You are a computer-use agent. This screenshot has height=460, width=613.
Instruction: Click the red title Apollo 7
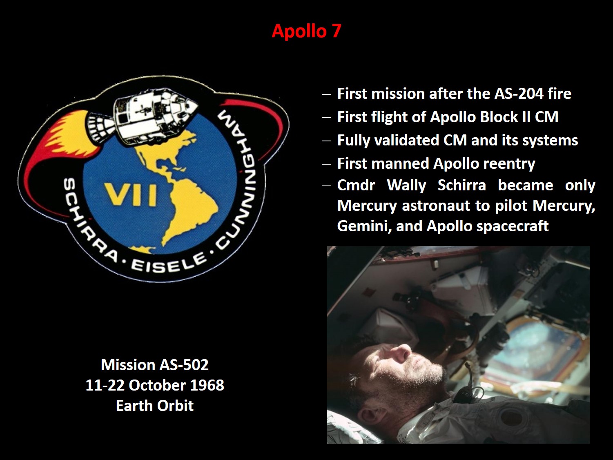306,31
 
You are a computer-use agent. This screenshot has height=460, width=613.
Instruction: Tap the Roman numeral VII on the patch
130,195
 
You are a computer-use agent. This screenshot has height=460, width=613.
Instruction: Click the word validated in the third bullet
407,140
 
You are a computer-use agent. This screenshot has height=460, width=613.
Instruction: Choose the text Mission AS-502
155,365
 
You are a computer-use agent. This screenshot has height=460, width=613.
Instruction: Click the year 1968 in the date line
207,385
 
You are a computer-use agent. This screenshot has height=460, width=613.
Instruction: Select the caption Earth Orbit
155,406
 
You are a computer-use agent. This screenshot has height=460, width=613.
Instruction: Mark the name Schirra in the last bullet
461,185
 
